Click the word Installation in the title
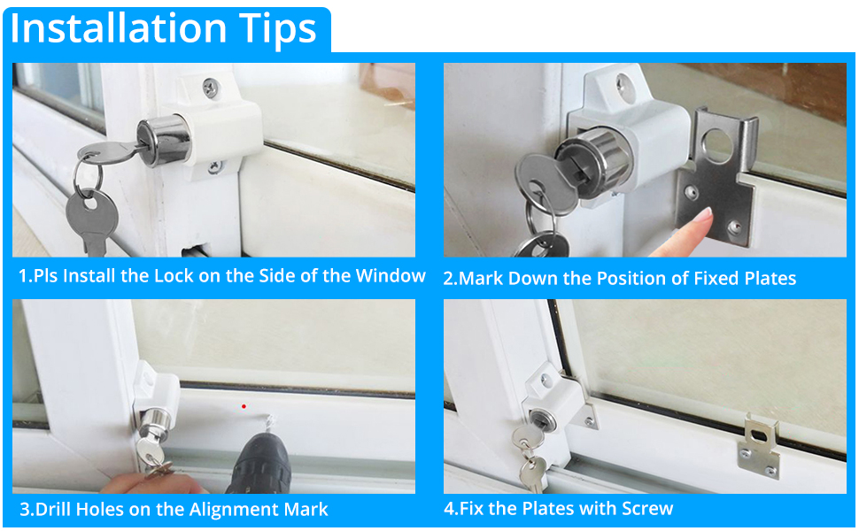click(120, 28)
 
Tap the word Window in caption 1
click(391, 276)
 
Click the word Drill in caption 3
click(56, 510)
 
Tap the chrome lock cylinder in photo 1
click(165, 139)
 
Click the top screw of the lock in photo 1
click(209, 87)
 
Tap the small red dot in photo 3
click(244, 406)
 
